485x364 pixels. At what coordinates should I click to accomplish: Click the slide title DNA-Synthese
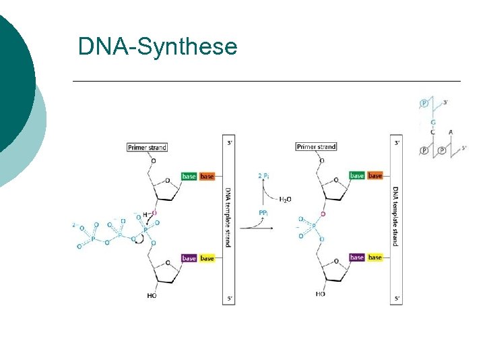tap(158, 47)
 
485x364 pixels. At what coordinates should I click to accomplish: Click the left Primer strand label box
tap(147, 147)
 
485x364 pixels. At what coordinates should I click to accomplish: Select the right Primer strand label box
tap(316, 147)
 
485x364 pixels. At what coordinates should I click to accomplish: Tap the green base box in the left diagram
tap(189, 177)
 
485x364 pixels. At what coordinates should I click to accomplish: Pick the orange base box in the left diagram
tap(207, 177)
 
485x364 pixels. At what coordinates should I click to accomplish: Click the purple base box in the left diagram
tap(189, 258)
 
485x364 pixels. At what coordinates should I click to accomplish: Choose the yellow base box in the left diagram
tap(207, 258)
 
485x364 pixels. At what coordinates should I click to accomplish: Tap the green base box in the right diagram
tap(357, 176)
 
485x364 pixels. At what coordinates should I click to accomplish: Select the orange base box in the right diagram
tap(375, 176)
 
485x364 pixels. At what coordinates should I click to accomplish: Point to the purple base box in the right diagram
tap(357, 257)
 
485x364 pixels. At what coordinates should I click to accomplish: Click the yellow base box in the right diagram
tap(375, 257)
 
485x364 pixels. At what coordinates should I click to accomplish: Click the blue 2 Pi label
tap(264, 175)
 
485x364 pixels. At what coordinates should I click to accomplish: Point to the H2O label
tap(285, 200)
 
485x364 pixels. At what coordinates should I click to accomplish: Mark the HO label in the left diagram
tap(152, 295)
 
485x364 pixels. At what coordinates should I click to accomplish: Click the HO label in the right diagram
tap(320, 294)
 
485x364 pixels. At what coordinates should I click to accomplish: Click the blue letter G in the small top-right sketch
tap(433, 122)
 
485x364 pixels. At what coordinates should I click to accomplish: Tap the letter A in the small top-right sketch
tap(450, 132)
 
